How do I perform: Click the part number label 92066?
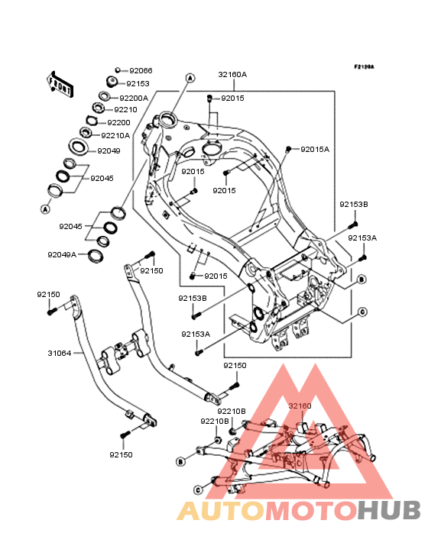coord(141,70)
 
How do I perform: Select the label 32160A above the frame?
coord(232,75)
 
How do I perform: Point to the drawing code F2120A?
coord(364,66)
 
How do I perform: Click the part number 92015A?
coord(315,150)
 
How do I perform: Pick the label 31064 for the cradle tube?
coord(60,354)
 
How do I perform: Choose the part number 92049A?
coord(62,254)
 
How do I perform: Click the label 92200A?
coord(134,98)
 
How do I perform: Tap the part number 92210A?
coord(115,135)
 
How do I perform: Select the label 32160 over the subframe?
coord(300,406)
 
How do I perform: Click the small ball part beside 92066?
coord(118,70)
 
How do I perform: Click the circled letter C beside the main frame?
coord(362,312)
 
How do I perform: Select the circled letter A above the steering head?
coord(190,78)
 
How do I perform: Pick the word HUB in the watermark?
coord(389,510)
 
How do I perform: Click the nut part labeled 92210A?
coord(85,132)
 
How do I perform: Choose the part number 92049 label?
coord(109,150)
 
